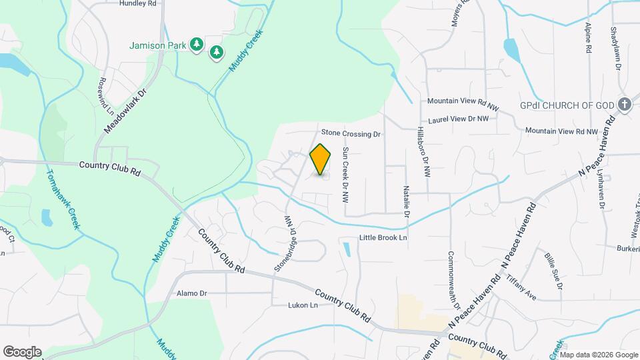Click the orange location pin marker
tap(321, 159)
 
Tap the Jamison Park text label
tap(157, 46)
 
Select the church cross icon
tap(625, 104)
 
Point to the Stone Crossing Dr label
tap(351, 134)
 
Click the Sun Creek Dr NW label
tap(345, 175)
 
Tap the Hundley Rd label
tap(137, 3)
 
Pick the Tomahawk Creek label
tap(63, 199)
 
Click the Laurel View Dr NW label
tap(459, 119)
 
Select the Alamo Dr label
tap(192, 293)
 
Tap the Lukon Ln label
tap(303, 305)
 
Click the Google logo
tap(22, 351)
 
